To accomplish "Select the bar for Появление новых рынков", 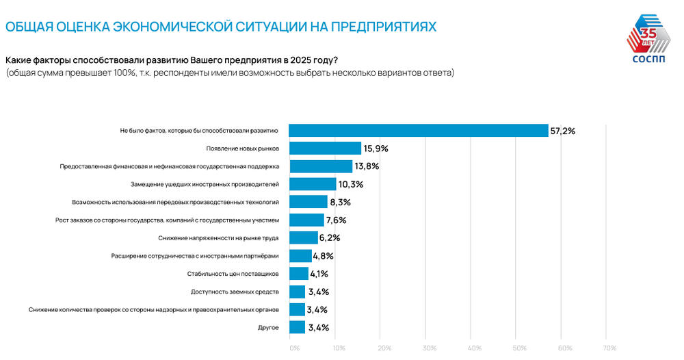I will (325, 148).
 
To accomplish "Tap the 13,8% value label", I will (367, 166).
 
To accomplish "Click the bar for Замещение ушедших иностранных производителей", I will (313, 184).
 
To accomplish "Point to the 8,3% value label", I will (341, 203).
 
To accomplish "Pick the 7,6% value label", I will (337, 220).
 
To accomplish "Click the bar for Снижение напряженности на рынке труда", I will (304, 238).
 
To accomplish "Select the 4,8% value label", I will (322, 256).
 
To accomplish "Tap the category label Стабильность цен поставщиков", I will (233, 274).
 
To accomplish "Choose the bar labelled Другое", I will (297, 328).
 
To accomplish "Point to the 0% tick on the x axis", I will (295, 348).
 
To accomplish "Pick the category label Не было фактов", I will (198, 130).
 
